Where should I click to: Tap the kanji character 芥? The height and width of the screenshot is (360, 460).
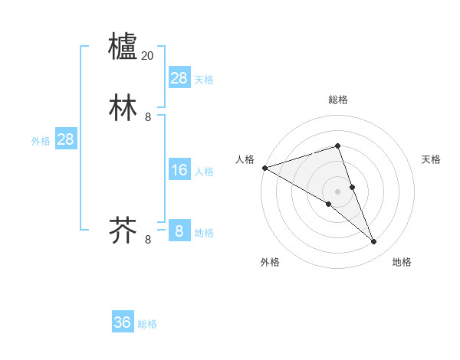coord(123,230)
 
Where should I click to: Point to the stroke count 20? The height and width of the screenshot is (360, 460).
coord(148,56)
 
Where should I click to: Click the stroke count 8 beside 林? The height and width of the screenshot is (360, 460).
coord(148,117)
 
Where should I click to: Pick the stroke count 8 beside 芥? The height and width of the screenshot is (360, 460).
coord(148,240)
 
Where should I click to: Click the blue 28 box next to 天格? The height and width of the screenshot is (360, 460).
coord(179,78)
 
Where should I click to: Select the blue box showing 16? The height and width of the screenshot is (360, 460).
coord(179,170)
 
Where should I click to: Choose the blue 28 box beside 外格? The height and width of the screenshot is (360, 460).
coord(65,139)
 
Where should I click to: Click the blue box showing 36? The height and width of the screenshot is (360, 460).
coord(123,322)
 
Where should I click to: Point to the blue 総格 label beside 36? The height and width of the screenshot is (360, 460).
coord(147,324)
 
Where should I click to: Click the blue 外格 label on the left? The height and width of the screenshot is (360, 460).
coord(41,141)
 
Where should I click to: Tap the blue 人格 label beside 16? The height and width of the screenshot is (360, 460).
coord(204,172)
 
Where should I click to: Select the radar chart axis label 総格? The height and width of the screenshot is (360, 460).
coord(337,100)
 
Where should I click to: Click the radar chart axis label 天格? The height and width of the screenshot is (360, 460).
coord(432,159)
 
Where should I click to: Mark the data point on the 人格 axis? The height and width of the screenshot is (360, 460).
coord(264,167)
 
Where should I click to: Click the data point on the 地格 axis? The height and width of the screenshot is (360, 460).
coord(374,242)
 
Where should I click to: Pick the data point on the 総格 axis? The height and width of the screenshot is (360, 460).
coord(337,146)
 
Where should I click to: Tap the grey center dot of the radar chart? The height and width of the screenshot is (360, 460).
coord(337,191)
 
